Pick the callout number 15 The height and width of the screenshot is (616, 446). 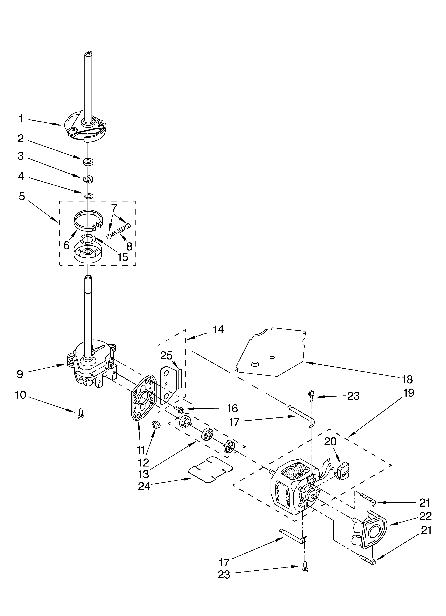123,256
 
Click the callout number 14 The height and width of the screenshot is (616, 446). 218,330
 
